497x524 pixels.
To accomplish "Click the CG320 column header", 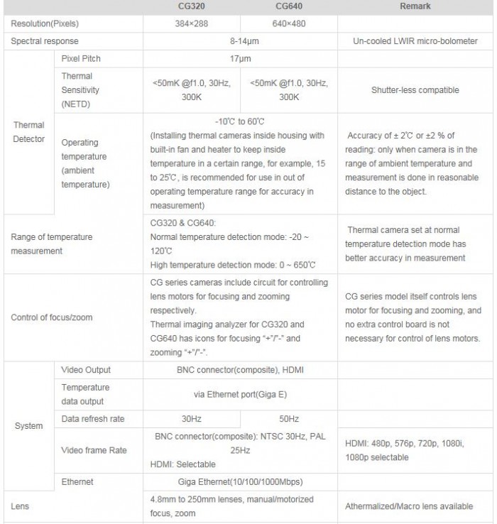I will click(192, 6).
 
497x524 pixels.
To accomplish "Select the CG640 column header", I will click(289, 6).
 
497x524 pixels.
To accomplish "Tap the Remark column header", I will click(415, 6).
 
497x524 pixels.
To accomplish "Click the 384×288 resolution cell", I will click(192, 24).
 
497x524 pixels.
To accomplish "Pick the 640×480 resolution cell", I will click(289, 24).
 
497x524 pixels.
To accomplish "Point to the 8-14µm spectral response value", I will click(240, 41).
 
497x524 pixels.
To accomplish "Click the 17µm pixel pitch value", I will click(240, 59).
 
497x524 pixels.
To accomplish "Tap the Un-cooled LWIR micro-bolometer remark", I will click(415, 41).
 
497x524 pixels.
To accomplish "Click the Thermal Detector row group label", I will click(28, 131).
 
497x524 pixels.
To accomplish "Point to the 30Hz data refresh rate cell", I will click(192, 419).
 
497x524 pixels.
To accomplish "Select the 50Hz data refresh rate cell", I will click(289, 419).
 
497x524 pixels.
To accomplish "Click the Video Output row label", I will click(86, 370).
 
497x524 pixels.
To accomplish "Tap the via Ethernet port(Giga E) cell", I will click(240, 394).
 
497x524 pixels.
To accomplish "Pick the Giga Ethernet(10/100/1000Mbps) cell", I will click(240, 482).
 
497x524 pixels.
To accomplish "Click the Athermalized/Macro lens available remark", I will click(409, 506).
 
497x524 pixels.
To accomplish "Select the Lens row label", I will click(21, 506).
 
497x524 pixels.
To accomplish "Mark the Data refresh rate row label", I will click(93, 419).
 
